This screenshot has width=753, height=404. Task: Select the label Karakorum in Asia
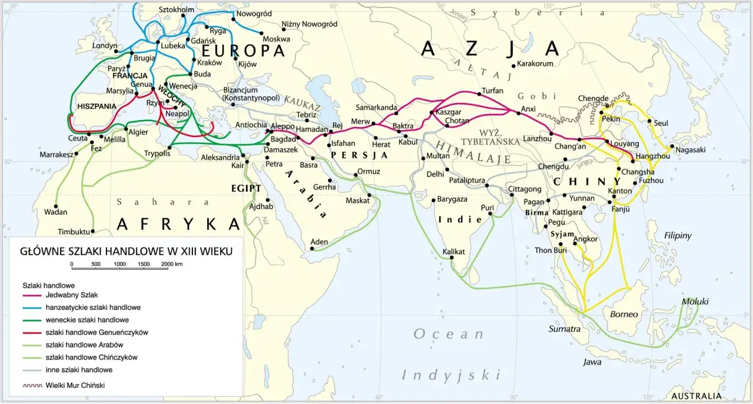535,64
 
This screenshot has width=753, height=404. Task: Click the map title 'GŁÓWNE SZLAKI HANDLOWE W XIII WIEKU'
126,251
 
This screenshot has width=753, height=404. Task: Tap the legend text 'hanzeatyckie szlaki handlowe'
92,307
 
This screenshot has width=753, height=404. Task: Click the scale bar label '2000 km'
172,264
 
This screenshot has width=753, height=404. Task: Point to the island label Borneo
624,314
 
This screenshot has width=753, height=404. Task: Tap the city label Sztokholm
176,9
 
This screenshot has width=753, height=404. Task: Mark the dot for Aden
312,249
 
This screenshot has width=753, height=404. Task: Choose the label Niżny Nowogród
309,24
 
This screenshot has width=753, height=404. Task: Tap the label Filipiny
678,236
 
